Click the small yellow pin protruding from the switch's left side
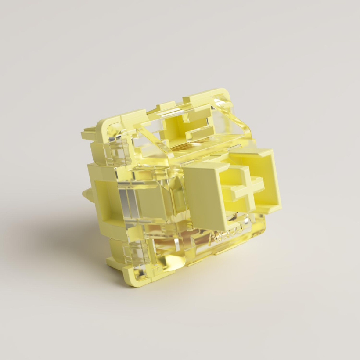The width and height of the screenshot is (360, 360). click(x=86, y=194)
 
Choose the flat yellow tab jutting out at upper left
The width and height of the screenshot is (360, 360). click(x=88, y=134)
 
